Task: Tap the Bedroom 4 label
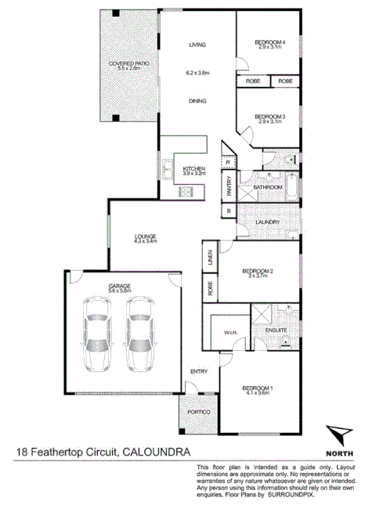coord(269,41)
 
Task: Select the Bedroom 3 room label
coord(269,117)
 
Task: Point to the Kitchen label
coord(193,169)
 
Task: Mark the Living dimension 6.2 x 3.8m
coord(197,73)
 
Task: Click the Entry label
coord(198,371)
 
